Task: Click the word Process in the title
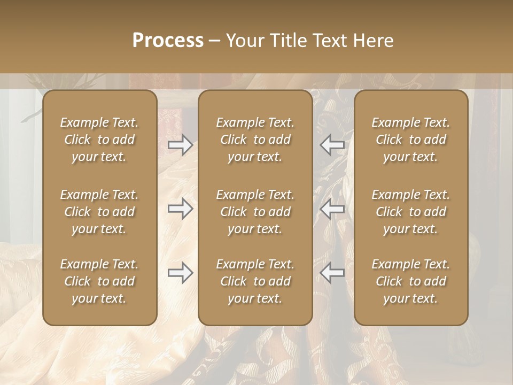(x=168, y=41)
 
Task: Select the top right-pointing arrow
(x=180, y=145)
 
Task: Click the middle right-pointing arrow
(x=180, y=209)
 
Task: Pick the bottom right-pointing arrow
(x=180, y=273)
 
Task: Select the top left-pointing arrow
(x=332, y=145)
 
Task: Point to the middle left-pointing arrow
(x=332, y=209)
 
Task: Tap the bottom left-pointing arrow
(x=332, y=273)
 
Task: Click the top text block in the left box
(x=99, y=140)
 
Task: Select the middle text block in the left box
(x=99, y=212)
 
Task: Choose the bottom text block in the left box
(x=99, y=281)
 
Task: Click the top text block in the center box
(x=255, y=140)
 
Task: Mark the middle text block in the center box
(x=255, y=212)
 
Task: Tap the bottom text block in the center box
(x=255, y=281)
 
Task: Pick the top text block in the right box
(x=411, y=140)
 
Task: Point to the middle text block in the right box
(x=411, y=212)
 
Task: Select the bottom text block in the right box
(x=411, y=281)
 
